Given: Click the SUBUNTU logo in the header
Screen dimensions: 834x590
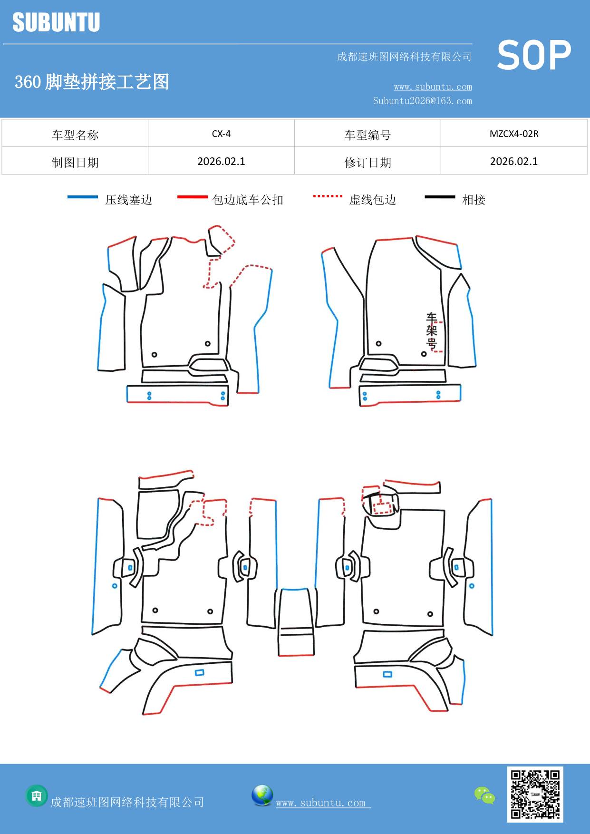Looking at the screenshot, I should [x=56, y=22].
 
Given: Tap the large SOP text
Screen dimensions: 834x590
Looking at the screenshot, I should [x=534, y=55].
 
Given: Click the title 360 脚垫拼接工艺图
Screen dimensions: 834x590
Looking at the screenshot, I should [x=92, y=82].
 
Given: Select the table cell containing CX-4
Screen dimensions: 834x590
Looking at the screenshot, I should [x=221, y=134].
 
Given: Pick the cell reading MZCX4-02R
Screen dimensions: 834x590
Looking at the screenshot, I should [x=514, y=134].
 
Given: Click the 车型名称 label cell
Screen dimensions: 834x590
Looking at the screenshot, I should [x=75, y=135].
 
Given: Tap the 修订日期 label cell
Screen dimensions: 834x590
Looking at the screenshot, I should [x=368, y=162].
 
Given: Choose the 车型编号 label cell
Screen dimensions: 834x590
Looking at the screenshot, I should [x=368, y=135].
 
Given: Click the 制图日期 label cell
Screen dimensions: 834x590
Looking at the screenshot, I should [x=75, y=162].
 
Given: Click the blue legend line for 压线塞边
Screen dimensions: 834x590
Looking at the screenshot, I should [x=82, y=197].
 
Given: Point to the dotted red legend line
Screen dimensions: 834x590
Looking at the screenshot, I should [x=328, y=196].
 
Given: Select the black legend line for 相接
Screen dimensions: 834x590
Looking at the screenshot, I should [x=440, y=197].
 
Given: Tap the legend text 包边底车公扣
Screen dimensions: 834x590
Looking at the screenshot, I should [x=248, y=200].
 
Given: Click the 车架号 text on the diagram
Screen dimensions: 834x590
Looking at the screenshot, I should [x=431, y=330].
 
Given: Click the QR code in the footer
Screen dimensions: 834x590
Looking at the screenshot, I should [x=535, y=794].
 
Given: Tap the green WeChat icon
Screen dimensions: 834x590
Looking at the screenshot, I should [x=484, y=795].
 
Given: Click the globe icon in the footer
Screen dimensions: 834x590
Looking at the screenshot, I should [x=262, y=795].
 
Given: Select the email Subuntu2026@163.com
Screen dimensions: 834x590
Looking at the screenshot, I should [x=422, y=101].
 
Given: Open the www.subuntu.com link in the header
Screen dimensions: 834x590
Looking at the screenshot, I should [x=433, y=87].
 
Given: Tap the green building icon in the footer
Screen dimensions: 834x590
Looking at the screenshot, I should [x=37, y=795].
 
